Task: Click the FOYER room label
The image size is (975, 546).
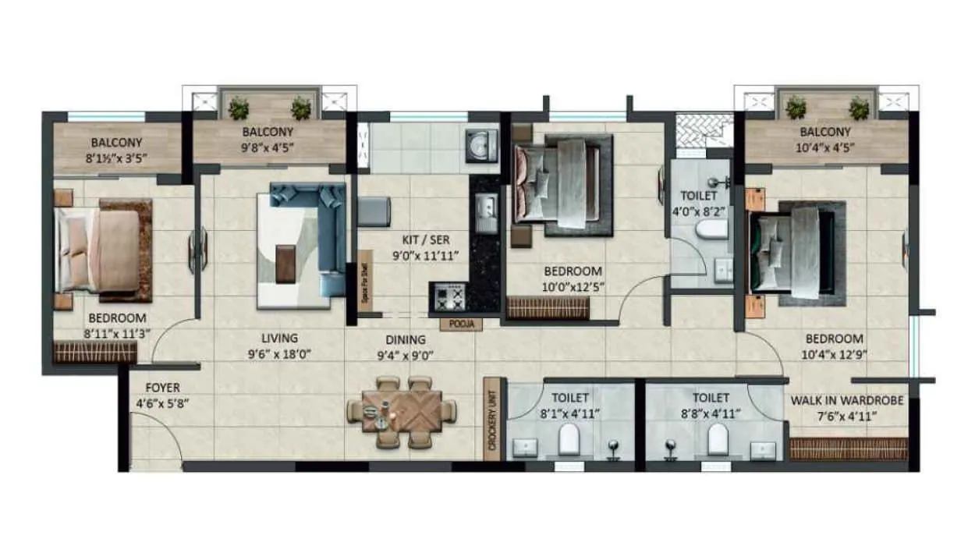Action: tap(162, 388)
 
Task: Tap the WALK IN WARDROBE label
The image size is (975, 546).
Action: tap(847, 401)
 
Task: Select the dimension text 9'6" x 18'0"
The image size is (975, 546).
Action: tap(280, 355)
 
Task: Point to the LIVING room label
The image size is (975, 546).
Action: tap(279, 339)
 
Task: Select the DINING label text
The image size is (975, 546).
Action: tap(406, 340)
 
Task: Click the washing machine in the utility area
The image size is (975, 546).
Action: tap(481, 145)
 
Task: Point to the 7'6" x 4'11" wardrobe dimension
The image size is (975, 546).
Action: tap(847, 417)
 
